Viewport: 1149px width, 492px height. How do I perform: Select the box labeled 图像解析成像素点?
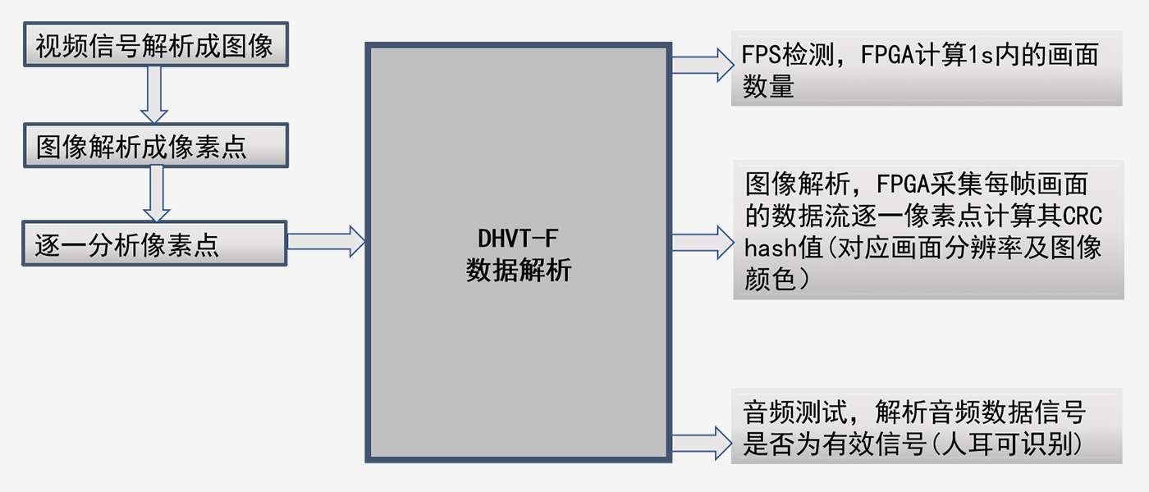pos(155,145)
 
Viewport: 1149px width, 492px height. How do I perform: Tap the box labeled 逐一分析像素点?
pos(155,244)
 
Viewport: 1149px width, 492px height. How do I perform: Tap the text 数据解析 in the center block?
pos(518,271)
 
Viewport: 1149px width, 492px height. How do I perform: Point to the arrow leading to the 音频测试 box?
pos(702,442)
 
